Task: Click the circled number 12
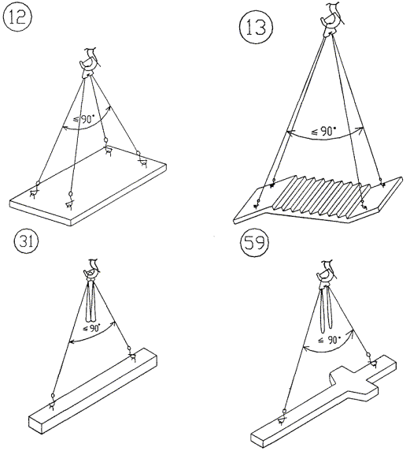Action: pos(17,17)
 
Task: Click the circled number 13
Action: pos(256,28)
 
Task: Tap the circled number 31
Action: pos(26,241)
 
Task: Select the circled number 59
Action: pos(254,243)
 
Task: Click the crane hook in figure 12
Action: pos(89,63)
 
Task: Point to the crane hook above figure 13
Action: pos(331,19)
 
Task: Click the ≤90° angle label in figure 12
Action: pos(84,119)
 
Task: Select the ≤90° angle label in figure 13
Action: pos(323,132)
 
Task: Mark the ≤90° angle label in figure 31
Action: pos(91,329)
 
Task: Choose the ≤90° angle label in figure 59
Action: pos(329,340)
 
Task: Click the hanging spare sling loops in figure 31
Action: pos(92,302)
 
